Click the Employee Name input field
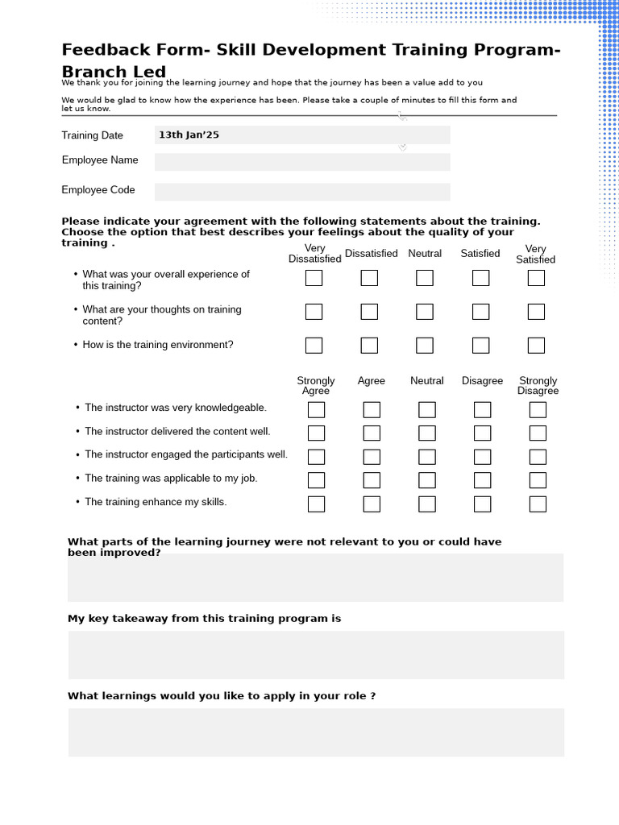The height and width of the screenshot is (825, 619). [302, 162]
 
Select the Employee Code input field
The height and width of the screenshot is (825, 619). [302, 192]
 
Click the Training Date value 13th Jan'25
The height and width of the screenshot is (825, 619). [189, 135]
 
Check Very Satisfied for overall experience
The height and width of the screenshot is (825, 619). [536, 278]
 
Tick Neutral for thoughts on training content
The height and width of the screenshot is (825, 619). [425, 312]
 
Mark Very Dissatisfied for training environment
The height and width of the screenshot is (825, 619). [314, 346]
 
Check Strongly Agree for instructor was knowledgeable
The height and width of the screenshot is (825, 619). [316, 410]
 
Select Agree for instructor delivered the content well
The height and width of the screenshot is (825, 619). [372, 433]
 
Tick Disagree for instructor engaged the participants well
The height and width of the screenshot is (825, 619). [482, 457]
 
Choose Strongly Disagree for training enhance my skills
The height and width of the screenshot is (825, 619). [538, 504]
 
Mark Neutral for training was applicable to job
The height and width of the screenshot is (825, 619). [427, 480]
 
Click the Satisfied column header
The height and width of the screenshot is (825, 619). [480, 254]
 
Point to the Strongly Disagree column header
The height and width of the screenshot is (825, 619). [538, 386]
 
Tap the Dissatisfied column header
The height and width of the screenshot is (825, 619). [372, 254]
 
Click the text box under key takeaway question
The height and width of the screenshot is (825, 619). [316, 655]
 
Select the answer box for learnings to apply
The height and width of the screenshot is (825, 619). [316, 732]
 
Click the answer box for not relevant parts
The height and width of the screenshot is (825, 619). [316, 578]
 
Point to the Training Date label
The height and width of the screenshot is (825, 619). [93, 135]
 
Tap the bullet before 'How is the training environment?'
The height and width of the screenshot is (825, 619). [76, 345]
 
